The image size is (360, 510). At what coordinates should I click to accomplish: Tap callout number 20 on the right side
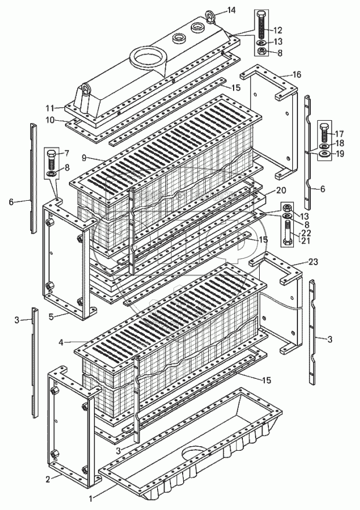pyautogui.click(x=281, y=190)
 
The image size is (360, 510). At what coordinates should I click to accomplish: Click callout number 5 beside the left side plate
pyautogui.click(x=51, y=316)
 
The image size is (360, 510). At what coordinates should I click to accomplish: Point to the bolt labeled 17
pyautogui.click(x=323, y=134)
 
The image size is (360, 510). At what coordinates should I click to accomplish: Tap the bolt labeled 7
pyautogui.click(x=52, y=158)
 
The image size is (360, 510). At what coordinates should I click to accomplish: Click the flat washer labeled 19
pyautogui.click(x=323, y=154)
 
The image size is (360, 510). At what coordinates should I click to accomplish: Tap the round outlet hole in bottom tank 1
pyautogui.click(x=195, y=453)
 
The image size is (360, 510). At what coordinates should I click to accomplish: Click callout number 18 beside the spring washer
pyautogui.click(x=340, y=143)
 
